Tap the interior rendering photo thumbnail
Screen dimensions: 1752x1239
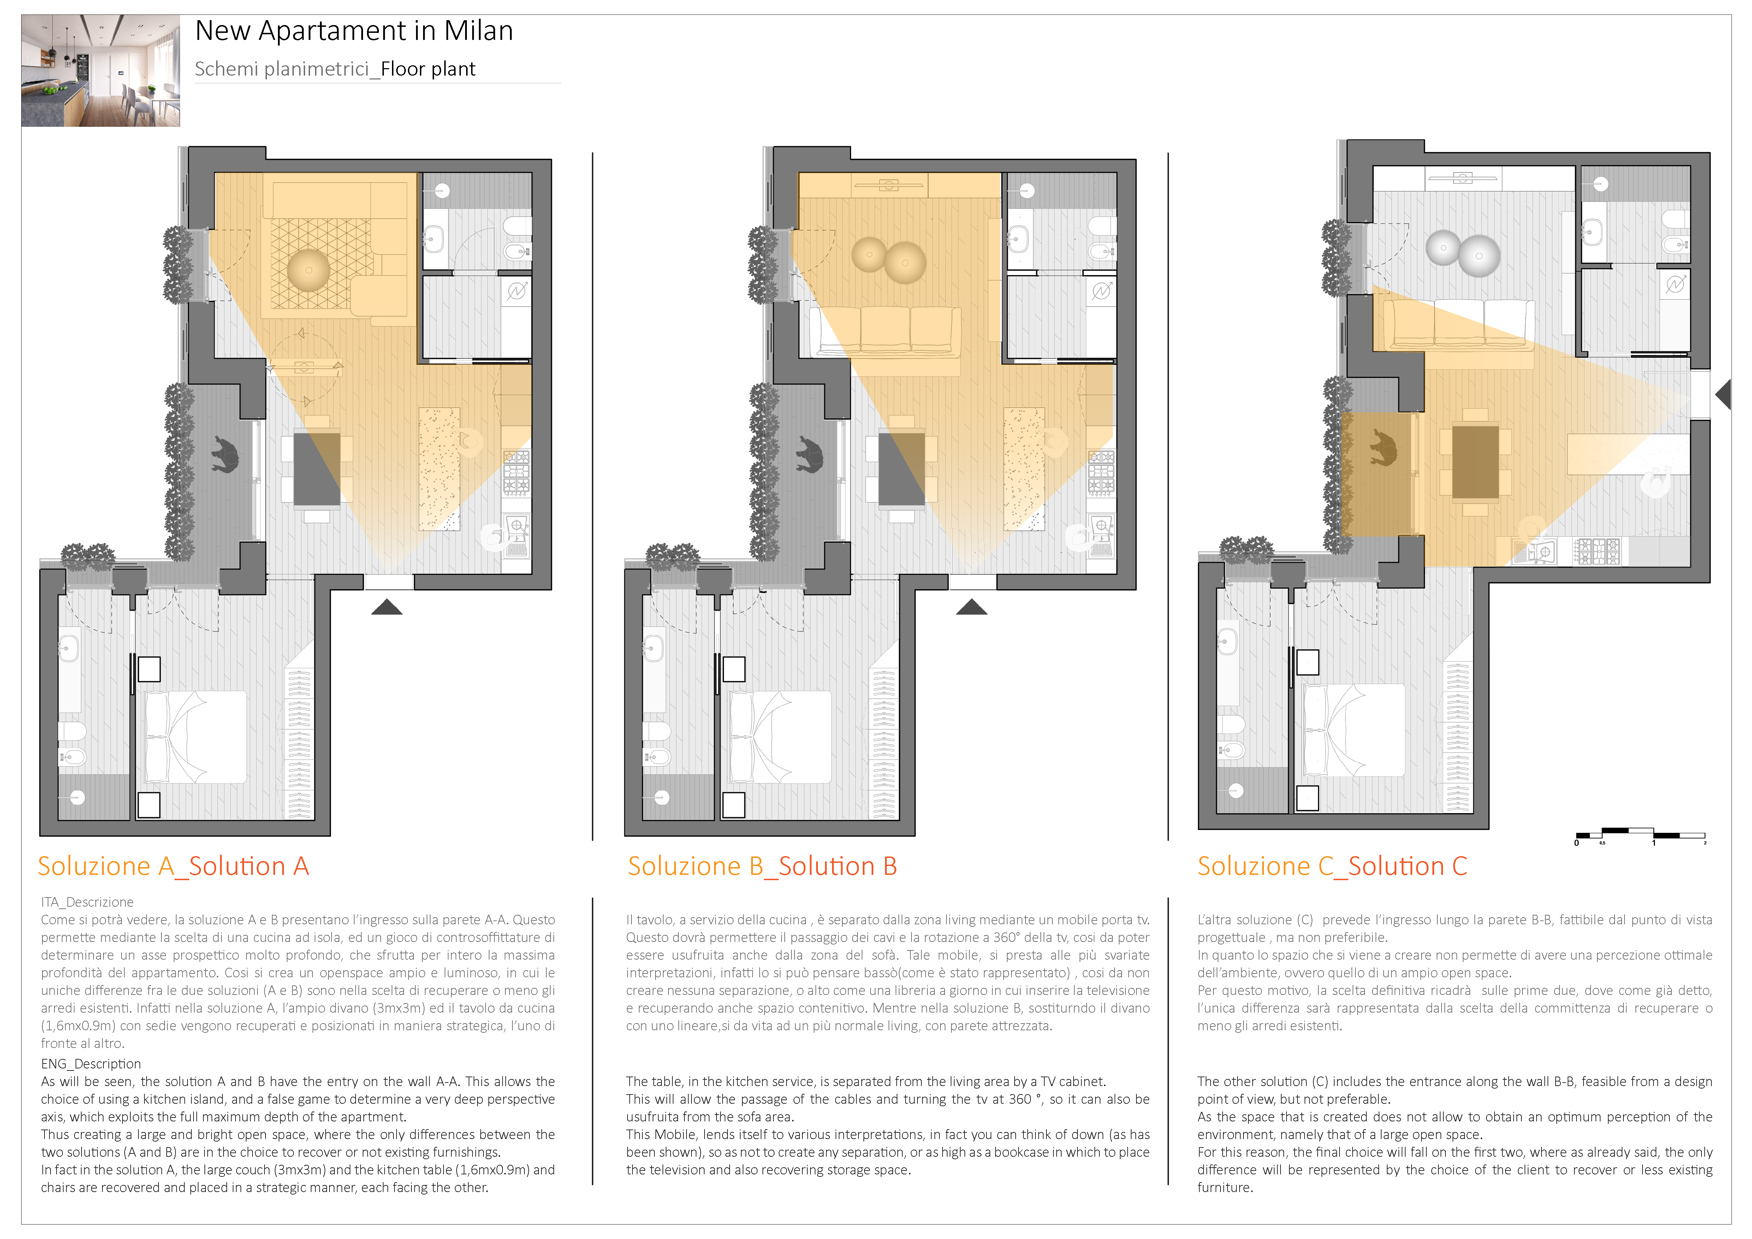(x=101, y=70)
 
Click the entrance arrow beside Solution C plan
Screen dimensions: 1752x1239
(x=1723, y=395)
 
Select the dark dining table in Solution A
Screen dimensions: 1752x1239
(x=317, y=469)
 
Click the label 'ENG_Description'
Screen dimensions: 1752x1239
(x=91, y=1063)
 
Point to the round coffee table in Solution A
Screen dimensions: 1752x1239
(x=308, y=270)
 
